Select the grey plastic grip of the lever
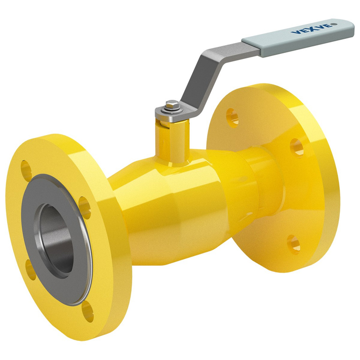coord(300,37)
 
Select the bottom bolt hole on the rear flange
coord(293,244)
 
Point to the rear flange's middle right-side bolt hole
coord(296,147)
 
